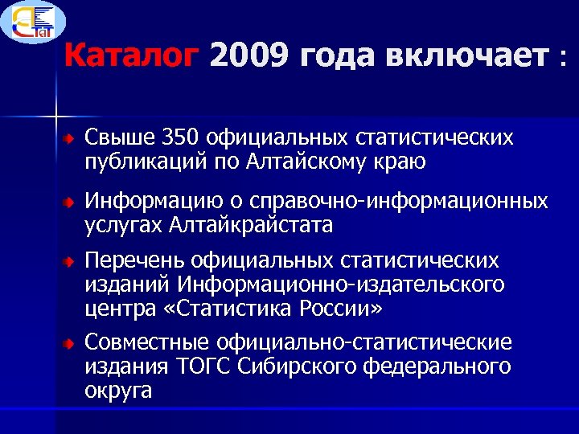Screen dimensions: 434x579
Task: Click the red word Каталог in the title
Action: click(130, 56)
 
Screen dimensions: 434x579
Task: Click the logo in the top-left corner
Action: click(34, 23)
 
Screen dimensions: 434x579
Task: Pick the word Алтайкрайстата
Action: click(251, 224)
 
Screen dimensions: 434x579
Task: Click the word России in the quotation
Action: click(342, 308)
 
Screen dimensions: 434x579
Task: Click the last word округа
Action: click(118, 391)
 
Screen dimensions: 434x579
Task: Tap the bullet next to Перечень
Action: click(70, 263)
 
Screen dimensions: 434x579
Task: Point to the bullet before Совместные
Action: click(70, 345)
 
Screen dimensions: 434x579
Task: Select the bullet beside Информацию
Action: click(70, 202)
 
